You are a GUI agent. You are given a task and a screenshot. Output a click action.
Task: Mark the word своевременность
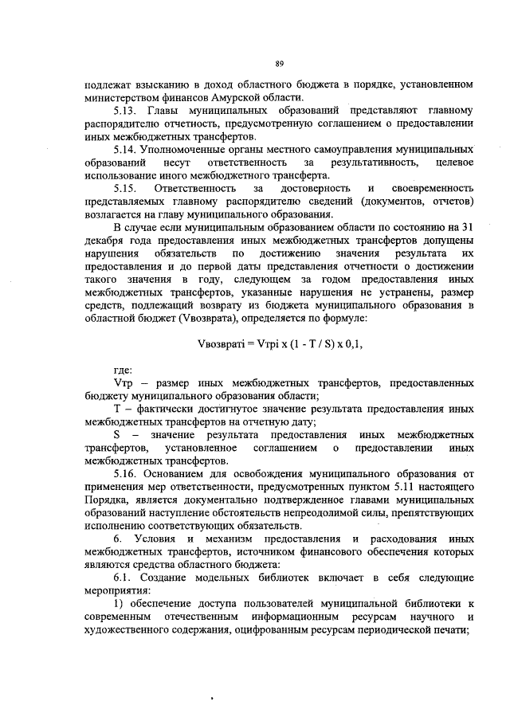[x=432, y=187]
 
